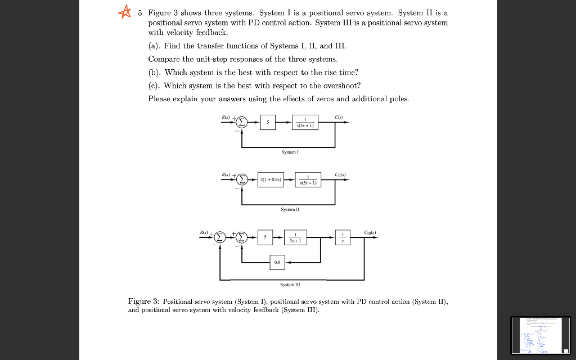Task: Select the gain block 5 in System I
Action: pos(268,123)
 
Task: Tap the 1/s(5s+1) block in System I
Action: pos(305,123)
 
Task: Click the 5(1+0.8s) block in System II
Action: pos(271,180)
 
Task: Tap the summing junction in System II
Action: pos(242,180)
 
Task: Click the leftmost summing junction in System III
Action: pos(220,238)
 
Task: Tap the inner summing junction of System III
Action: pos(242,238)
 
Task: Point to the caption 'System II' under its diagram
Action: pos(290,209)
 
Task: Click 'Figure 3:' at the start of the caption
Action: pos(143,302)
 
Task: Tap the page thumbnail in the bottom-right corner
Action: pos(540,335)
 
